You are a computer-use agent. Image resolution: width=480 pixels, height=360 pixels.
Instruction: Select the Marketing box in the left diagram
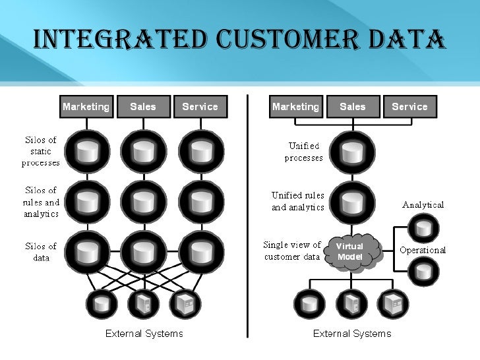(86, 107)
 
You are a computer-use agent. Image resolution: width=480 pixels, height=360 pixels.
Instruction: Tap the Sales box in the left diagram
(143, 107)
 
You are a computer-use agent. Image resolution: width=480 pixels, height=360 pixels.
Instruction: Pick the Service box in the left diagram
(200, 107)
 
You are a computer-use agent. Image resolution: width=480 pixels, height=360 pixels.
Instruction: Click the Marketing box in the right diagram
(295, 107)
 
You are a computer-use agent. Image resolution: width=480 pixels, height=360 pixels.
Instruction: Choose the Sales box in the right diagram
(353, 107)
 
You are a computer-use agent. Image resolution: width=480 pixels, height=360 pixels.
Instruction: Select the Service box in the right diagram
(409, 107)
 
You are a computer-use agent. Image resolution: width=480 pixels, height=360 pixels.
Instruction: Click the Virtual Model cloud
(350, 251)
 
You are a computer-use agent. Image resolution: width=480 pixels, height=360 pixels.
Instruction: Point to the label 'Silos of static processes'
(41, 151)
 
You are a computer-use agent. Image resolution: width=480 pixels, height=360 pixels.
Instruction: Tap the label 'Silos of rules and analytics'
(41, 202)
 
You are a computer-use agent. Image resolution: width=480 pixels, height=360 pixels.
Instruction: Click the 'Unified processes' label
(304, 152)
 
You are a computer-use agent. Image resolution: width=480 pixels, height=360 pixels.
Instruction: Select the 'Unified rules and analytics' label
(298, 201)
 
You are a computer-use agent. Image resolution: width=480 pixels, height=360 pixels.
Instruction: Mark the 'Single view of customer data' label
(292, 251)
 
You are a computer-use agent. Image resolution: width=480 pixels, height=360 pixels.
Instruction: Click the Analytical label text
(423, 204)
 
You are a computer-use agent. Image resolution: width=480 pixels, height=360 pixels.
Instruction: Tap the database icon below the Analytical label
(423, 228)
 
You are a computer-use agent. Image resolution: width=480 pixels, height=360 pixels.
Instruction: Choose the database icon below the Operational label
(423, 270)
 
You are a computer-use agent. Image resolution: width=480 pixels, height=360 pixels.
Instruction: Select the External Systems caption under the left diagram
(144, 333)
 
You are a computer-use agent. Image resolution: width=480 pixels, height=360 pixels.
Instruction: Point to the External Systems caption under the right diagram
(352, 333)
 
